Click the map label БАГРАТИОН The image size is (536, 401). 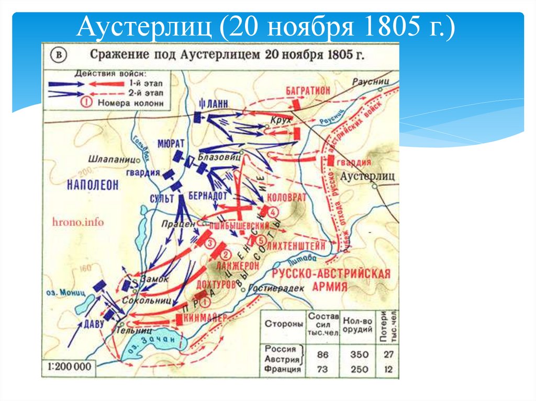coord(308,90)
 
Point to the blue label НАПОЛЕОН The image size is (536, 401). coord(93,184)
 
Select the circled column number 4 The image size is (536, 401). coord(273,211)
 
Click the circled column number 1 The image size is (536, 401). coord(205,302)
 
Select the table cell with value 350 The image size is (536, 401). coord(358,354)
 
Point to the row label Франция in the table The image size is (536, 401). coord(283,370)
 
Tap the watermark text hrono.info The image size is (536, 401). coord(79,222)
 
